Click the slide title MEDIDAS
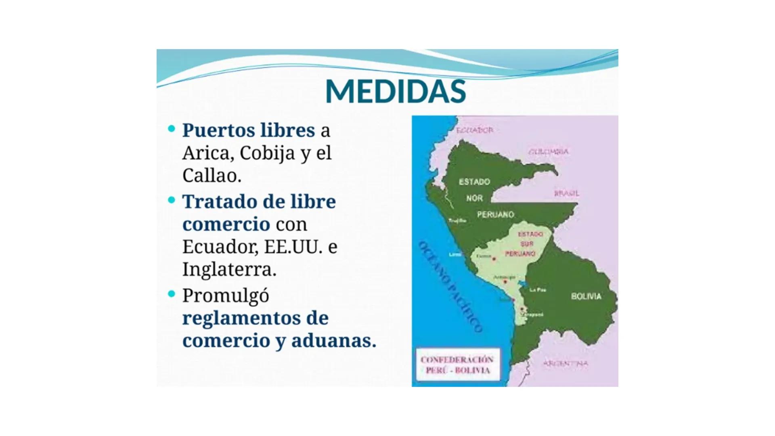pos(395,92)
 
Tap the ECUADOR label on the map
pos(475,130)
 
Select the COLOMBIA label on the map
pos(549,151)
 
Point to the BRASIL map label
pos(566,193)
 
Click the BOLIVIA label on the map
pos(586,296)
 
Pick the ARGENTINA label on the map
pos(565,363)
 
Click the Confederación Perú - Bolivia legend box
pos(457,365)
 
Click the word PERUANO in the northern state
pos(495,214)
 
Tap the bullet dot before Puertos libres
pos(172,129)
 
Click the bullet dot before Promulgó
pos(172,294)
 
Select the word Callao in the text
pos(212,175)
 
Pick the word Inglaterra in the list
pos(229,269)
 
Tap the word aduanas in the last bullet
pos(333,340)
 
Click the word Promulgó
pos(226,296)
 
